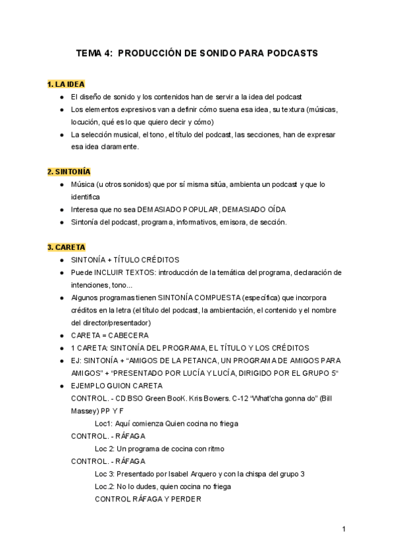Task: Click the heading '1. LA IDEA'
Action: (x=66, y=84)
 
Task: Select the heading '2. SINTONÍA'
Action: (x=69, y=172)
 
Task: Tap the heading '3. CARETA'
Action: (x=66, y=247)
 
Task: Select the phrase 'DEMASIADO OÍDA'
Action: (x=254, y=209)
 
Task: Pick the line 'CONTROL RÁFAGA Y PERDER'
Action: (x=148, y=499)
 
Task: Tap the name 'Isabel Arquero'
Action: (x=182, y=474)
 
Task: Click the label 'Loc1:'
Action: (x=105, y=423)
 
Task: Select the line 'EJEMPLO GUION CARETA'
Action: (x=117, y=386)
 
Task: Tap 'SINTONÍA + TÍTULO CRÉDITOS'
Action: (x=125, y=260)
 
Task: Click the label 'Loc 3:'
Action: (x=106, y=474)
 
